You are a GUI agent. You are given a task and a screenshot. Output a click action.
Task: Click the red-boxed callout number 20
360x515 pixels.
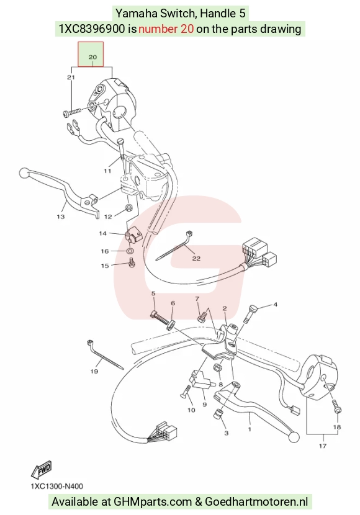point(92,57)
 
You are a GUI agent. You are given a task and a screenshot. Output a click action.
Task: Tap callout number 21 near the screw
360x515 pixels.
point(71,78)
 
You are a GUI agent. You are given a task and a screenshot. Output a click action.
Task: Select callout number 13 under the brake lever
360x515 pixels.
point(60,217)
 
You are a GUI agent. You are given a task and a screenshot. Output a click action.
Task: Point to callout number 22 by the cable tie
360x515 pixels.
point(196,259)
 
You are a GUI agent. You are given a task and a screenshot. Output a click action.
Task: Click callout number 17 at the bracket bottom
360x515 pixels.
point(323,446)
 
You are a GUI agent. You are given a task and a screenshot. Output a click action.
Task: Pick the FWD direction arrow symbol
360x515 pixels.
point(42,470)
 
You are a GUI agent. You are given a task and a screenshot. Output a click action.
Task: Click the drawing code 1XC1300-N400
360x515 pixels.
point(57,486)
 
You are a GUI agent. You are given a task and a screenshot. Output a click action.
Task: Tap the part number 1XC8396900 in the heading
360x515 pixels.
point(92,29)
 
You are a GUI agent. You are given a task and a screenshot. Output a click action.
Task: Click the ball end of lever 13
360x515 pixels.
point(24,172)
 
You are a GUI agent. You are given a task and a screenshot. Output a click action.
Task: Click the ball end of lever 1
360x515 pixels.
point(294,437)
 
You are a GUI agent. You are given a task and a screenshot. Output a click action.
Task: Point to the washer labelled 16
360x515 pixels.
point(130,251)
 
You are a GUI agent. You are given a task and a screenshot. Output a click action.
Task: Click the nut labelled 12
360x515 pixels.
point(129,208)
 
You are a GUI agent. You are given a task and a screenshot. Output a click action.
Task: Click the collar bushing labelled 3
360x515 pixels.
point(217,414)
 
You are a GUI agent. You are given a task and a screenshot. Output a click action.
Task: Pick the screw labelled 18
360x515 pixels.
point(336,407)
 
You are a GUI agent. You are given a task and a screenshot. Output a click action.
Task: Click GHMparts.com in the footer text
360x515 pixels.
point(153,501)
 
